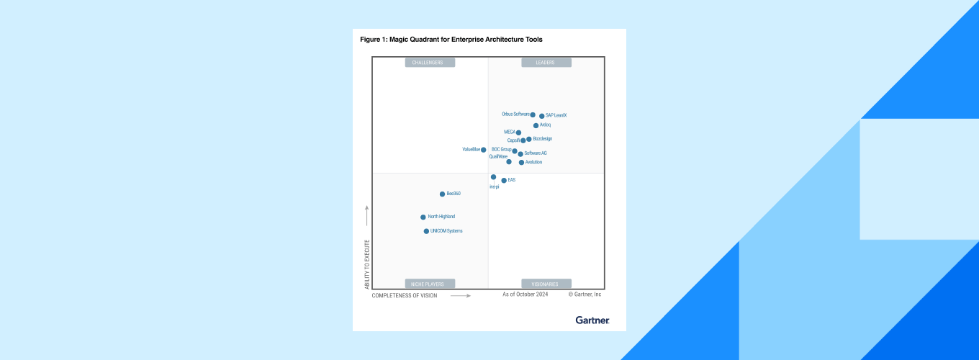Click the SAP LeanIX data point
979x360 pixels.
[541, 116]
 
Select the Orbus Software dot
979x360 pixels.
[533, 114]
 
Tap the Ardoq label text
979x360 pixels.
[546, 125]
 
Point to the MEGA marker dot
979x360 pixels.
[518, 132]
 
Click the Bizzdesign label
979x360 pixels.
[543, 139]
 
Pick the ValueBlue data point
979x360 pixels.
[484, 150]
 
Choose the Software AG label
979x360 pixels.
[536, 153]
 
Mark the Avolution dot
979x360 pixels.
[521, 163]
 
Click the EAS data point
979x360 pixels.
[504, 181]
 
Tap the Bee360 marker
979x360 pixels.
[442, 194]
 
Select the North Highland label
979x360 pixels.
[441, 217]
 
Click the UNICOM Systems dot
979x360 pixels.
[426, 231]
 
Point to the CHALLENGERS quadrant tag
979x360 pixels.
[430, 63]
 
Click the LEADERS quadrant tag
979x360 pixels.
[546, 63]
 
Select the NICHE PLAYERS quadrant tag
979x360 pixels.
[430, 284]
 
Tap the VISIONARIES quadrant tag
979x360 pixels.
[546, 284]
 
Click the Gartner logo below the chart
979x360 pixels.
[592, 320]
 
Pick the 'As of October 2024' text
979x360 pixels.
[525, 294]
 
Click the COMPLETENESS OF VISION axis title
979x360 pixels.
[405, 296]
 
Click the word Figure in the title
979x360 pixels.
[369, 40]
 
